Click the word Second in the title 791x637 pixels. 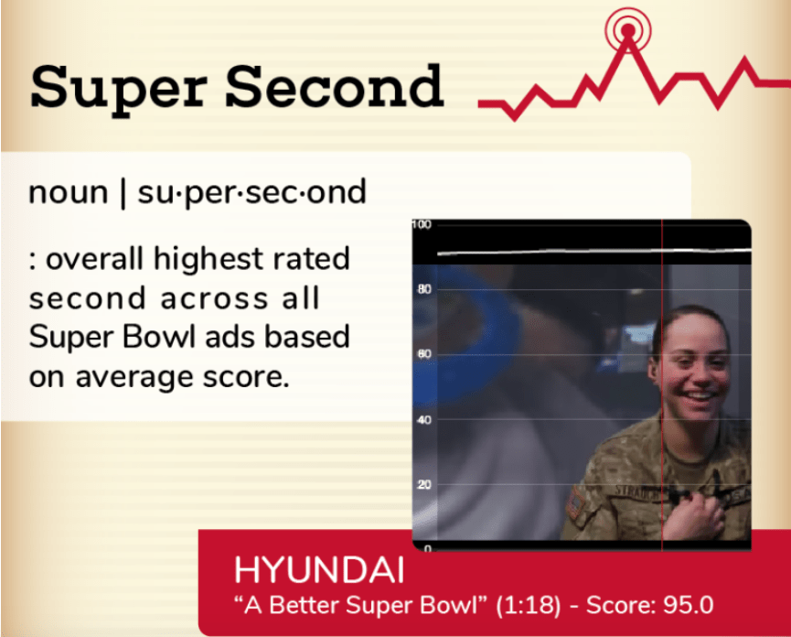pos(335,86)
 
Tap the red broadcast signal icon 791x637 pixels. pos(628,30)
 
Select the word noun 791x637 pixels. pos(69,192)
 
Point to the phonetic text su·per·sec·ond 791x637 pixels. pos(251,193)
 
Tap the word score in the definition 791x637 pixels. pos(246,378)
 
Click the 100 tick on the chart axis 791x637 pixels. pos(422,224)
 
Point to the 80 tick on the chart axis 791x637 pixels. pos(424,289)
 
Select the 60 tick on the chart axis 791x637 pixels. pos(424,354)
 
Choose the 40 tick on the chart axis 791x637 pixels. pos(424,419)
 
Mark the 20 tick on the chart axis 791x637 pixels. pos(424,484)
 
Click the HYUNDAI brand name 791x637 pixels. pos(319,570)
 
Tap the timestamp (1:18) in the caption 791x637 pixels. pos(529,605)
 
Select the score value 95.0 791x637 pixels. pos(688,605)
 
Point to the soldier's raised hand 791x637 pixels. pos(694,515)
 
